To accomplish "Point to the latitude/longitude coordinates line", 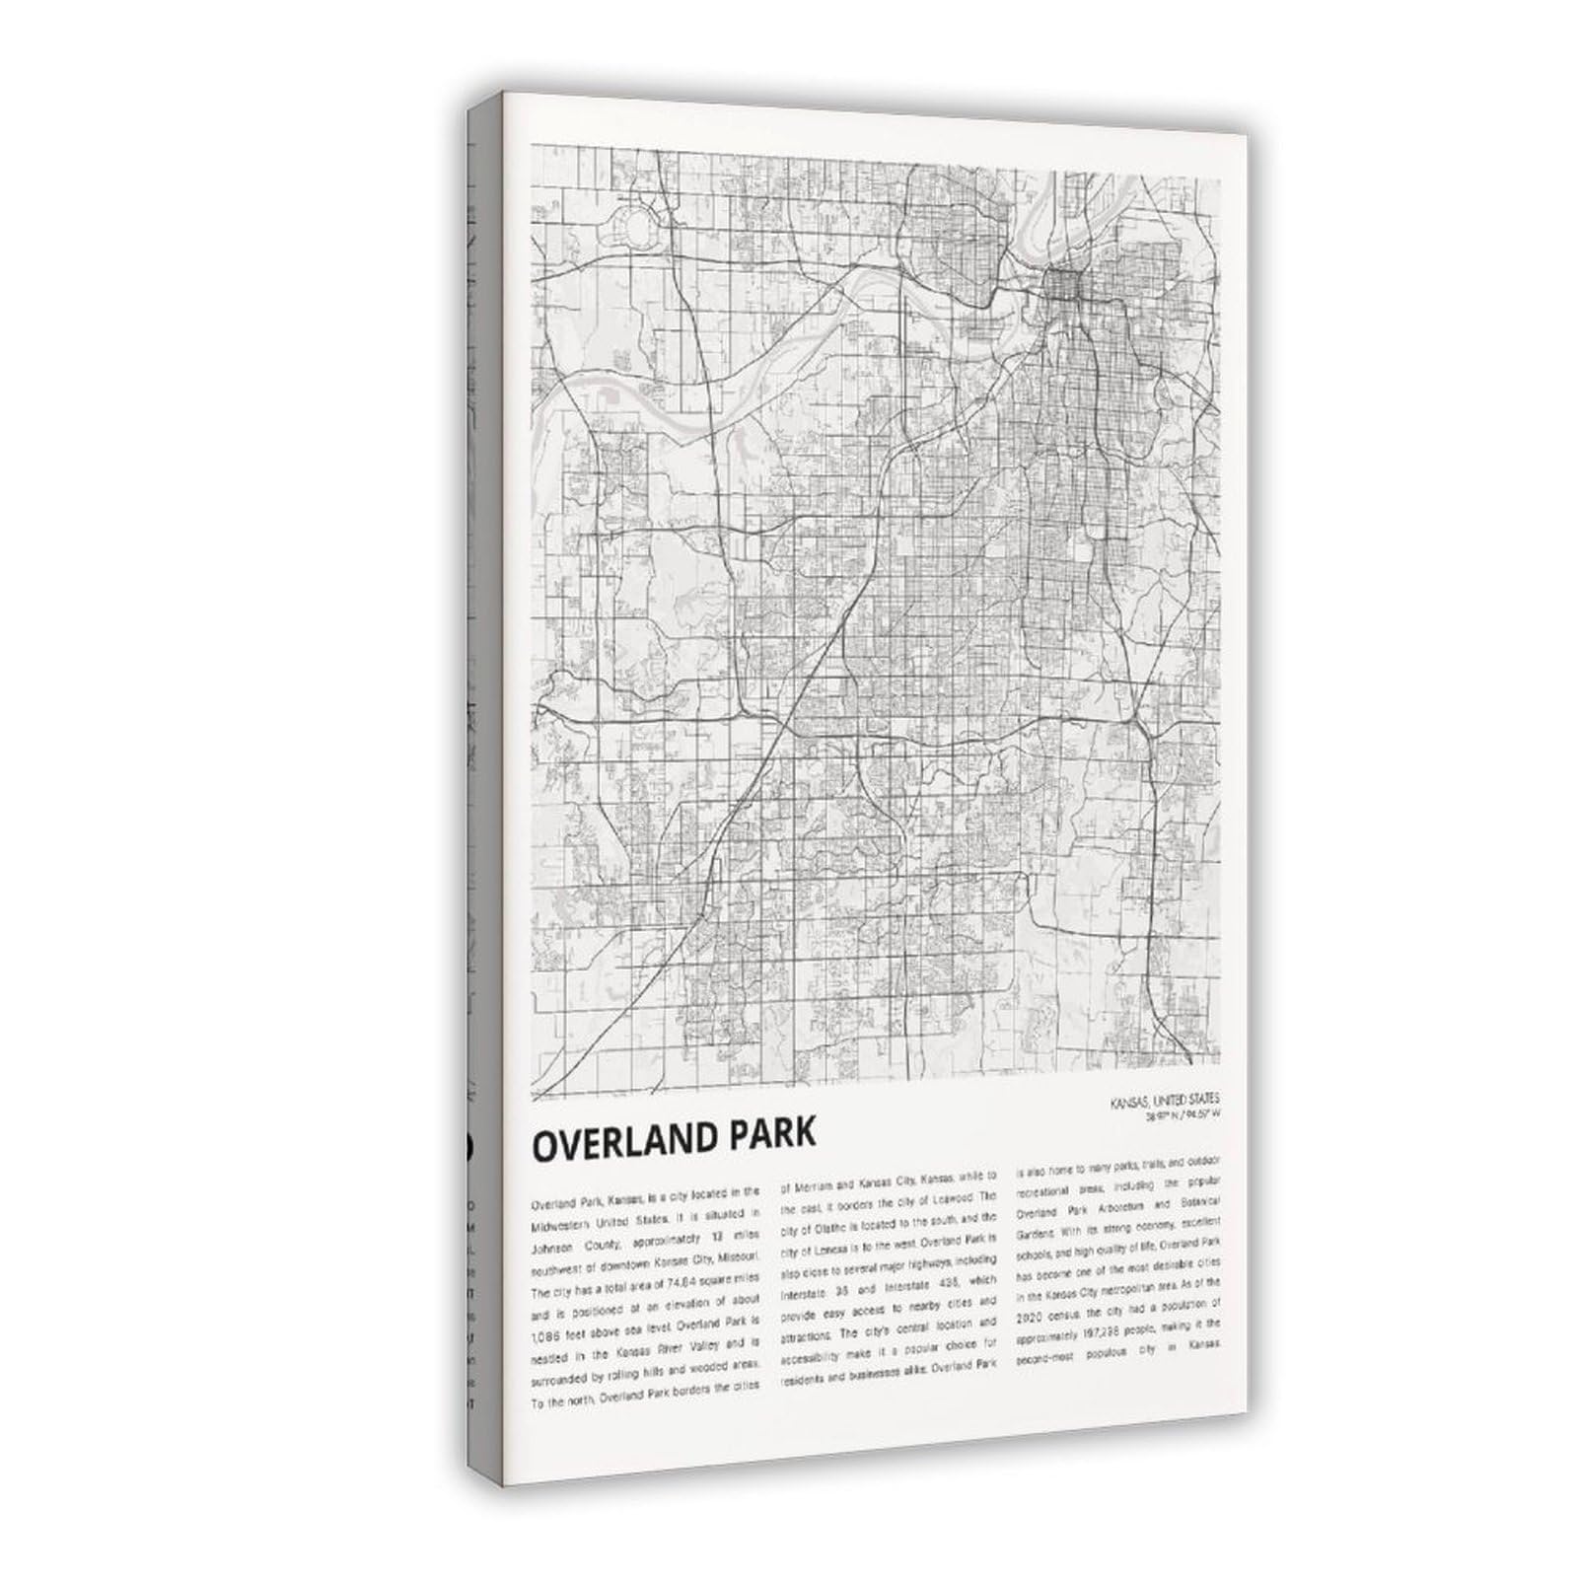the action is point(1183,1115).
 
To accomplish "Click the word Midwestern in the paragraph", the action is point(565,1221).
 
